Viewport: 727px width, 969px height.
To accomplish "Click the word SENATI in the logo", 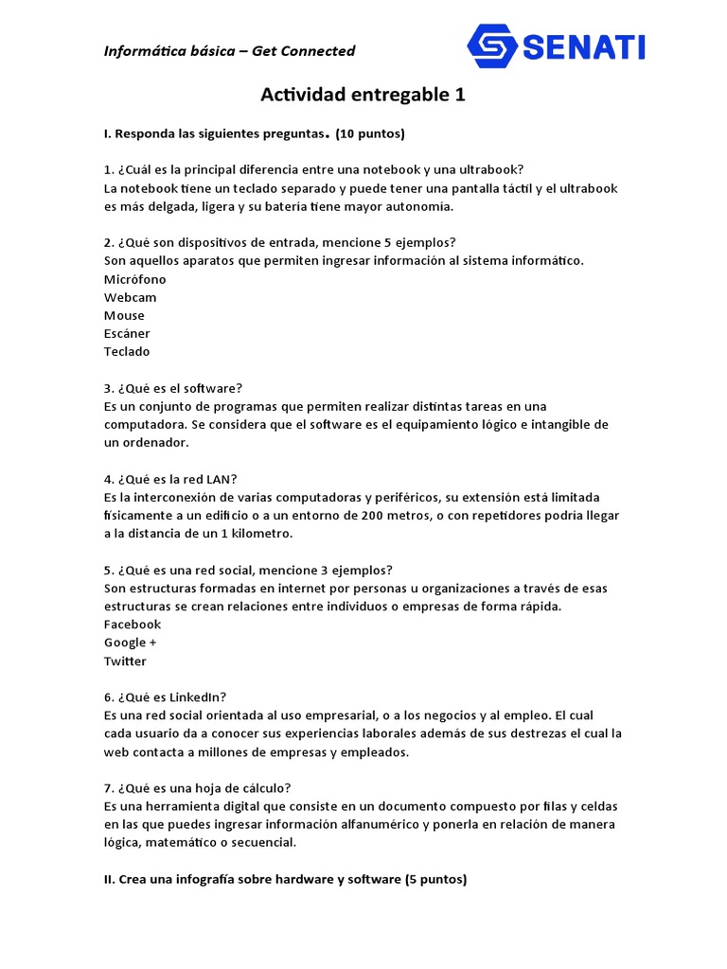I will coord(583,45).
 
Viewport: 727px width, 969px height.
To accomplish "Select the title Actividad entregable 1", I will coord(363,96).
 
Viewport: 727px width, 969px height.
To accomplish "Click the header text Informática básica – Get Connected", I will coord(229,51).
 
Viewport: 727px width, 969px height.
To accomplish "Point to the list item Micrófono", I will coord(134,279).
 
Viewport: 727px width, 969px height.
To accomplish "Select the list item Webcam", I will coord(131,297).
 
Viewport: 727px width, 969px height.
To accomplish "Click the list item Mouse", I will coord(124,315).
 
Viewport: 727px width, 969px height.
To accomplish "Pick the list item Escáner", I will coord(127,333).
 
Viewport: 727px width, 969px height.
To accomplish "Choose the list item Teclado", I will coord(127,351).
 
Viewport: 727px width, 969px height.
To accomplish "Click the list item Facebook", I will coord(133,625).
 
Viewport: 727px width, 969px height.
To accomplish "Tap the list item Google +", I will coord(131,643).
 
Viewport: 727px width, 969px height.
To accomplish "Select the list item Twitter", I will coord(125,661).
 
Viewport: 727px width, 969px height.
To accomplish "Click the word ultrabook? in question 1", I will coord(491,170).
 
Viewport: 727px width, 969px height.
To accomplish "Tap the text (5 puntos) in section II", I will coord(436,879).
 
